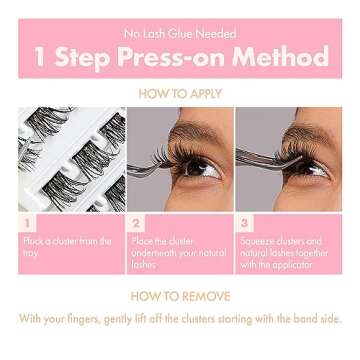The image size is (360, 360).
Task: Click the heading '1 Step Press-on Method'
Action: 180,57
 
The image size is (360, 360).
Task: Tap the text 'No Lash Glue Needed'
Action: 180,33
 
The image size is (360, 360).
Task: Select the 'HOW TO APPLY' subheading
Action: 180,93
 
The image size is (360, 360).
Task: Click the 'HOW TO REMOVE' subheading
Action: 180,297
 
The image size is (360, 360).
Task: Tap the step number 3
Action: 244,222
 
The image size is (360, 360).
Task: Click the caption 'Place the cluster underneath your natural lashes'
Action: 177,253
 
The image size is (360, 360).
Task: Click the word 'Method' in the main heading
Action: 283,57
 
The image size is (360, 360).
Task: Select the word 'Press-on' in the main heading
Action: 170,57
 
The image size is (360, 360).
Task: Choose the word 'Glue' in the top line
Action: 184,33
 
